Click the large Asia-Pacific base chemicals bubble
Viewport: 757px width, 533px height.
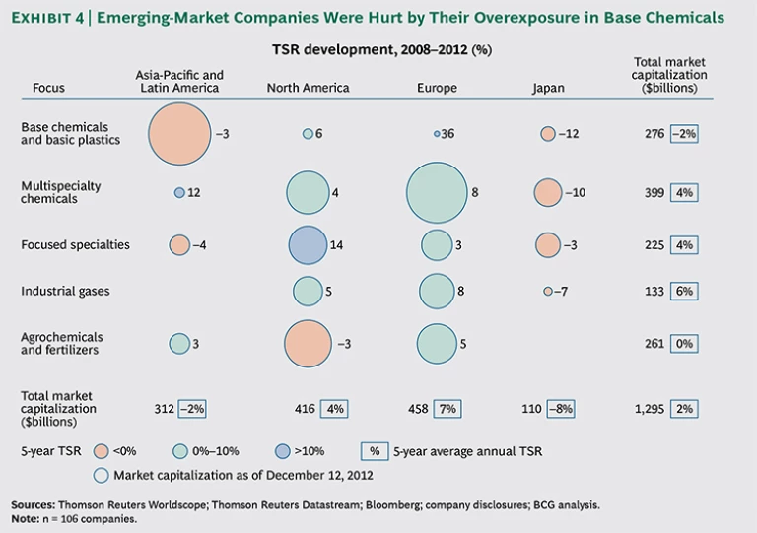point(179,133)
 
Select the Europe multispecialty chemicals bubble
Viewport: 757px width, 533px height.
point(436,192)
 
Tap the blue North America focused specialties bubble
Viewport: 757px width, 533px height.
point(308,245)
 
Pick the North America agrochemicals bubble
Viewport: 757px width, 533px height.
point(308,343)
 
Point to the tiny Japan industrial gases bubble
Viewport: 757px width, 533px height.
point(547,292)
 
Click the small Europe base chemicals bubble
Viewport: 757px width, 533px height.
point(436,133)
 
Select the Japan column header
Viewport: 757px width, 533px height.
point(548,88)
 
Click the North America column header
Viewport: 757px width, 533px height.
point(308,88)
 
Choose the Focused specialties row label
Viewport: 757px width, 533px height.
point(75,245)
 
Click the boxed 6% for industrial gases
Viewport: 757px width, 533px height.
point(685,292)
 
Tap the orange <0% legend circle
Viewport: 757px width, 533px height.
point(99,451)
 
